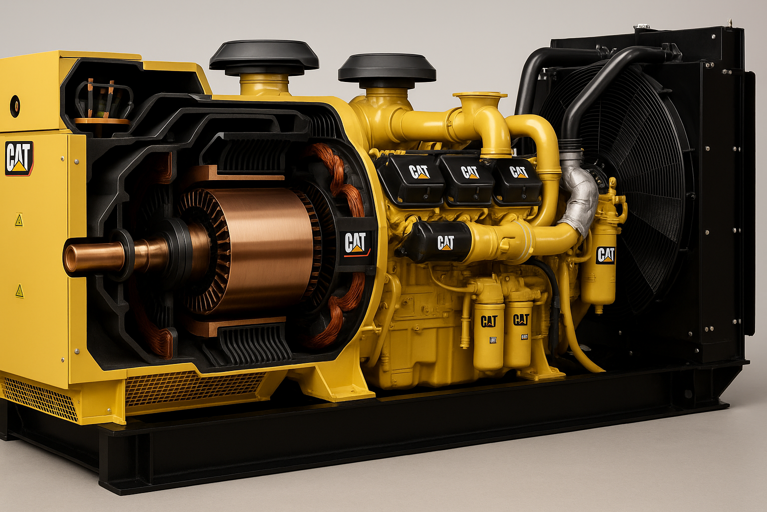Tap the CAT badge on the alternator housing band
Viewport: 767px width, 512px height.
coord(355,243)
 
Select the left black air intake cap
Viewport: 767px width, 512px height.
coord(264,56)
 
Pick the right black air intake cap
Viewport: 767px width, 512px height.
coord(387,69)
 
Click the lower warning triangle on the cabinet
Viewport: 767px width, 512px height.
coord(19,289)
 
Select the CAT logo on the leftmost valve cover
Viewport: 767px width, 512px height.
coord(419,172)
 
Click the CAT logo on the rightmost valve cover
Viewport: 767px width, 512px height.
coord(518,172)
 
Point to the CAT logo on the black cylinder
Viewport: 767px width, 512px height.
coord(445,242)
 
